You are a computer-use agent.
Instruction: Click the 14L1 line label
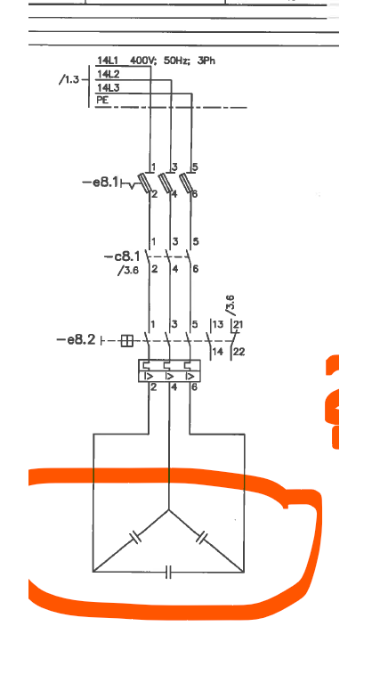point(107,61)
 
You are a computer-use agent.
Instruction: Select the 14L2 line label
point(108,74)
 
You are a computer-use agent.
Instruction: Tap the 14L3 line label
point(108,87)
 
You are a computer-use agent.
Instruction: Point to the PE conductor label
point(102,100)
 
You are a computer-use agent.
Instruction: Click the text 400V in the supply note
point(141,61)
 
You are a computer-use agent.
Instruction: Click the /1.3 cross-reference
point(69,80)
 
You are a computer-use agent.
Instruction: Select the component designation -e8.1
point(100,182)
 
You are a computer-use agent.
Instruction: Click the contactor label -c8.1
point(122,256)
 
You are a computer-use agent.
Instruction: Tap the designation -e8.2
point(76,339)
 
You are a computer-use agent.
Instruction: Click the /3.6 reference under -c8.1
point(127,270)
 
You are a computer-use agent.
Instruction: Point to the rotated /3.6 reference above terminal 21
point(230,305)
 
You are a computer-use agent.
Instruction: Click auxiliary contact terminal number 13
point(218,324)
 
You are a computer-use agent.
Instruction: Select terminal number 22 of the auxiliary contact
point(239,352)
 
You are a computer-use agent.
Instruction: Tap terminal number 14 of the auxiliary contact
point(218,352)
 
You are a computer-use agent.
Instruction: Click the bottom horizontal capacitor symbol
point(168,572)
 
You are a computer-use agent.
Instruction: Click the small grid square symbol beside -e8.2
point(126,341)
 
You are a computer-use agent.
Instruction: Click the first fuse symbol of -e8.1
point(145,182)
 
